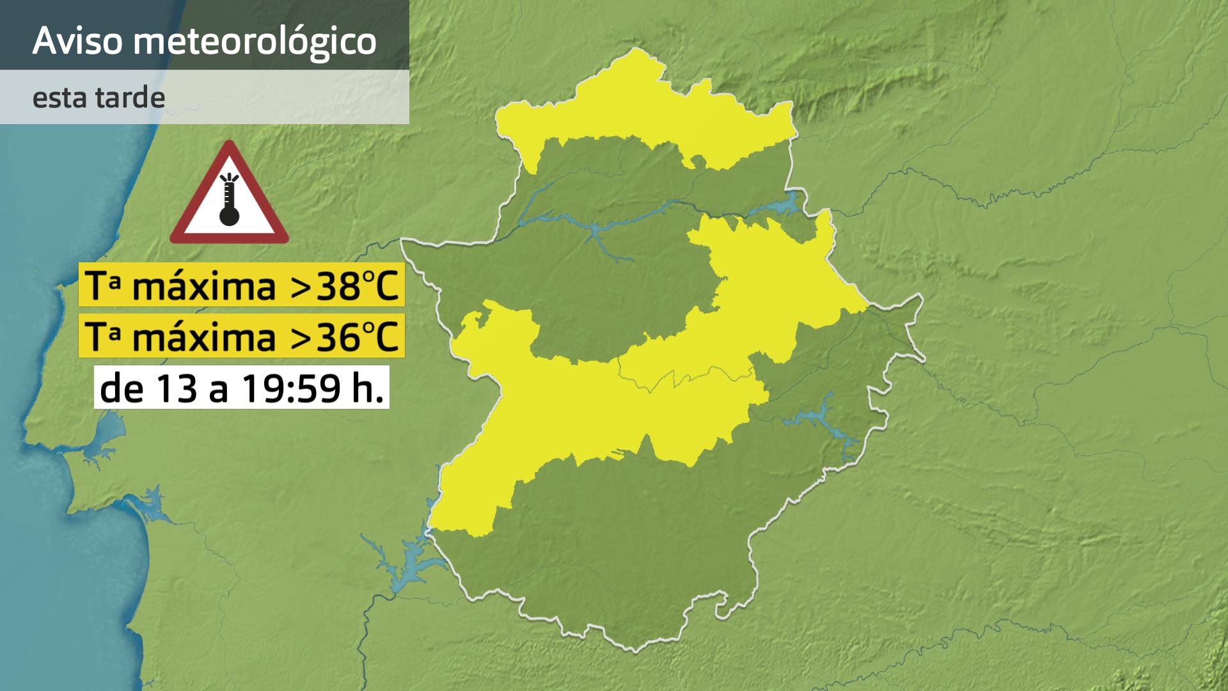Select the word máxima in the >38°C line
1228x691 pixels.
click(x=203, y=286)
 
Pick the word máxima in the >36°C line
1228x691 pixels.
click(x=203, y=336)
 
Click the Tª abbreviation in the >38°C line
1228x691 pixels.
click(x=102, y=286)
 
